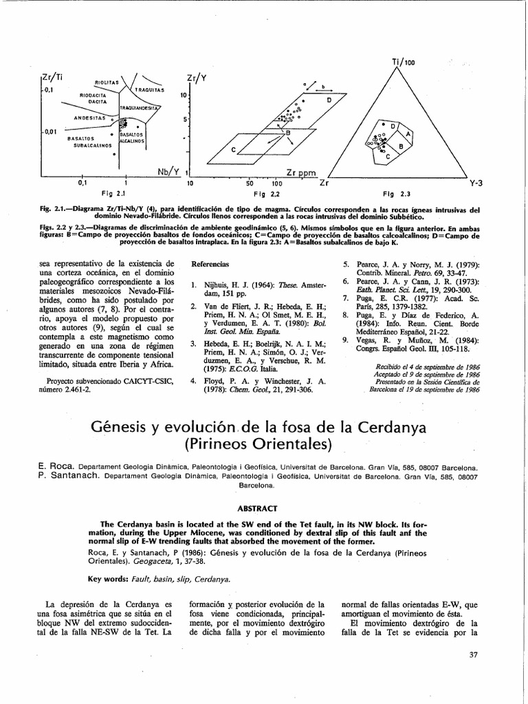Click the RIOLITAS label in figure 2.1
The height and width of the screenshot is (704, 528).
107,82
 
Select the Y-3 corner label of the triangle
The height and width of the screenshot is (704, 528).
476,184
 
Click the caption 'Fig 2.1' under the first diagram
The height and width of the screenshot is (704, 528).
111,195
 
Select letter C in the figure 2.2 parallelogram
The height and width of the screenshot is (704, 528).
233,150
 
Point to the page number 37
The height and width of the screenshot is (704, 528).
473,654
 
